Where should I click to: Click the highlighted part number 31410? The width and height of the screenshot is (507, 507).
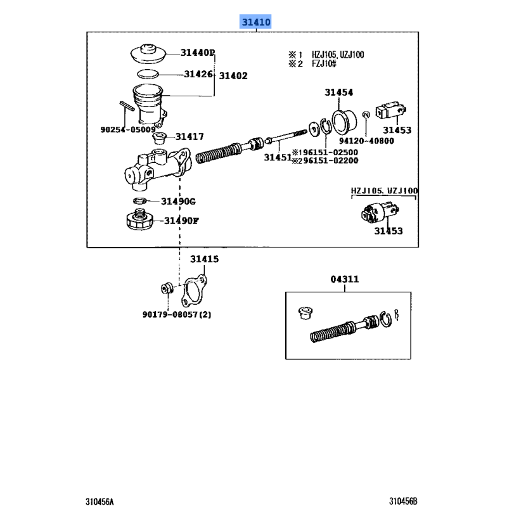[256, 22]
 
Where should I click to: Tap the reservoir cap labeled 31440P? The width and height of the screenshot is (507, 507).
[148, 54]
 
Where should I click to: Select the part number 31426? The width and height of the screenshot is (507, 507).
[198, 74]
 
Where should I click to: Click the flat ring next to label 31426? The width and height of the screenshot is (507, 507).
[148, 74]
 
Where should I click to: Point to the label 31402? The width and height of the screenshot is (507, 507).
[233, 76]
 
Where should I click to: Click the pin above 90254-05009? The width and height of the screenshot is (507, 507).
[127, 106]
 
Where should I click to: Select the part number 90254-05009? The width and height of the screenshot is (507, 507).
[128, 130]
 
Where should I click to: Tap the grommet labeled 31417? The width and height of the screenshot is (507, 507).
[159, 138]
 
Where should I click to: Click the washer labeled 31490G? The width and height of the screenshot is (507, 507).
[139, 201]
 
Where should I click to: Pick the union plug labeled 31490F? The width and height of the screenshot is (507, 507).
[139, 219]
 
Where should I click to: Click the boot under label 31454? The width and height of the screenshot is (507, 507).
[344, 122]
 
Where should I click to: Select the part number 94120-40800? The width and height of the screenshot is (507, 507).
[366, 141]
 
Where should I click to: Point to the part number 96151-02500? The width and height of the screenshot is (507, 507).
[330, 152]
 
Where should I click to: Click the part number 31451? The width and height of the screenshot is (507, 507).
[278, 157]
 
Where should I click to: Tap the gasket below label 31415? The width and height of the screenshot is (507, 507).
[194, 291]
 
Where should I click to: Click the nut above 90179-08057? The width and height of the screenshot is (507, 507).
[167, 288]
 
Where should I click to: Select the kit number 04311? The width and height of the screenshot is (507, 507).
[345, 279]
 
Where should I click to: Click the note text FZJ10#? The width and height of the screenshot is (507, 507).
[324, 64]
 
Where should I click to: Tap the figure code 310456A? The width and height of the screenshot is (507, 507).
[99, 501]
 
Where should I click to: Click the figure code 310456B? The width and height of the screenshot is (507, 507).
[403, 501]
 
